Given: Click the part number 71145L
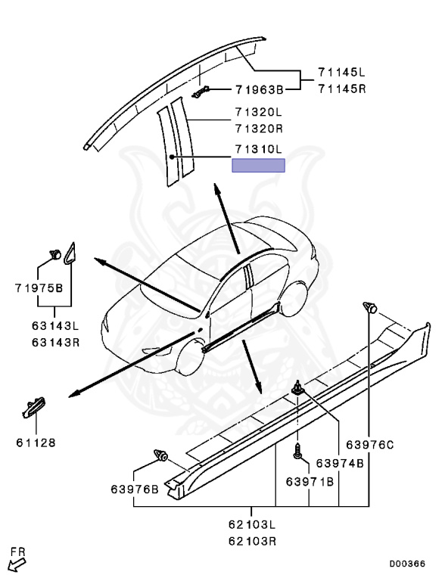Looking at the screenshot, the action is coord(341,72).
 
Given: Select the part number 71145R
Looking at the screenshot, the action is coord(341,89).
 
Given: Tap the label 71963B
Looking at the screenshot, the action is coord(260,90).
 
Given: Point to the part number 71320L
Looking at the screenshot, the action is coord(259,111).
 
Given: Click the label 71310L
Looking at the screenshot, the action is coord(259,149).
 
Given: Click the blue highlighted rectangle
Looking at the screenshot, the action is coord(259,165).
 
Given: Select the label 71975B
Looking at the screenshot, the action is coord(39,288).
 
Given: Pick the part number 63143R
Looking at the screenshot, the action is coord(56,342).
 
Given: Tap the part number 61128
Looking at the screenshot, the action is coord(36,443).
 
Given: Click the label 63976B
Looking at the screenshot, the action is coord(135,489).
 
